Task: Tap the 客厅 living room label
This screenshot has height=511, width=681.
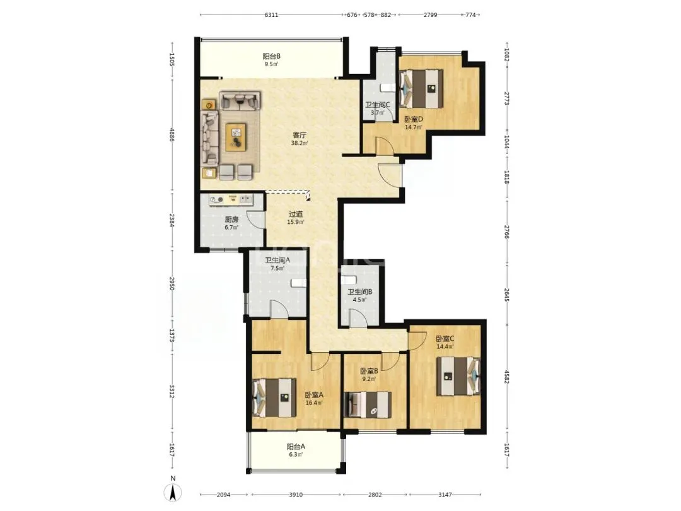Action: (x=300, y=135)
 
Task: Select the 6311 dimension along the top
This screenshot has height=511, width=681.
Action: (x=271, y=15)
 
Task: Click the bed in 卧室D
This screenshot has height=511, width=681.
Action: (x=421, y=89)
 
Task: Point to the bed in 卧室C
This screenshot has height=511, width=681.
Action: (x=458, y=376)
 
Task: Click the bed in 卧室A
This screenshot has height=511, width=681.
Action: (x=274, y=397)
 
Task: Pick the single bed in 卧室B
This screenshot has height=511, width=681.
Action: (x=368, y=405)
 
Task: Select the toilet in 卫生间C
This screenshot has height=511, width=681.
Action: (x=388, y=88)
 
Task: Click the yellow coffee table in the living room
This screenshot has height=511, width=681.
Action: (x=236, y=137)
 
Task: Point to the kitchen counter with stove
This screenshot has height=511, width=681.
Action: (x=231, y=199)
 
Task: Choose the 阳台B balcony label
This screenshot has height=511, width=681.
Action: (x=271, y=56)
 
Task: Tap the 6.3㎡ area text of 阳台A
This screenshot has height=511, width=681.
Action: (x=295, y=454)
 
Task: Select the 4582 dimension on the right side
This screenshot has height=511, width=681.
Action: (x=506, y=376)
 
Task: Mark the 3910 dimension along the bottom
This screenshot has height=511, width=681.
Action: (x=296, y=495)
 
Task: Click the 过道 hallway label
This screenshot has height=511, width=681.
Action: (x=296, y=214)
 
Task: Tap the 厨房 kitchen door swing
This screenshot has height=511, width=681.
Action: (x=256, y=220)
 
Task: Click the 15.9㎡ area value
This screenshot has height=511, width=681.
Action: (x=295, y=222)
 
